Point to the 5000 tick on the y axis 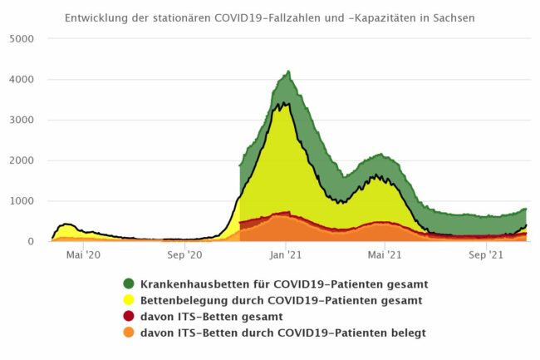(x=21, y=39)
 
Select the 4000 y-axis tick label (x=21, y=80)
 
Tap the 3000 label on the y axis (x=21, y=121)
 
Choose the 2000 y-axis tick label (x=21, y=160)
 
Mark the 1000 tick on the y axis (x=21, y=201)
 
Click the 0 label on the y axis (x=31, y=242)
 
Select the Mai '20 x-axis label (x=84, y=256)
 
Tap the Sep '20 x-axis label (x=184, y=256)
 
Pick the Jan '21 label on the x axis (x=285, y=256)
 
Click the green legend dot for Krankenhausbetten (x=129, y=284)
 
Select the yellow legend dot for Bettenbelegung (x=129, y=300)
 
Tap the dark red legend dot (x=129, y=317)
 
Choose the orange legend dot (x=129, y=333)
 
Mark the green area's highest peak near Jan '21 (x=288, y=72)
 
